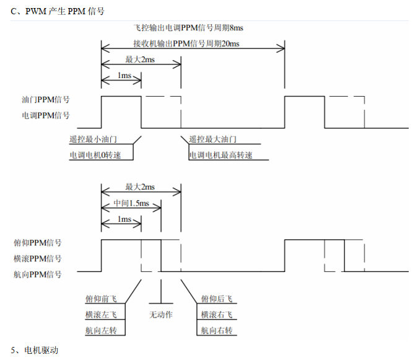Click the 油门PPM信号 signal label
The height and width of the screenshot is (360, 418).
pyautogui.click(x=45, y=100)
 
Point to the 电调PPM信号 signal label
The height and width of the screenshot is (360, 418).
pyautogui.click(x=45, y=115)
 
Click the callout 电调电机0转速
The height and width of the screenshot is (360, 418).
pyautogui.click(x=100, y=155)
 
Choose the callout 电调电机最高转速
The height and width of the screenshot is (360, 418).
pyautogui.click(x=225, y=155)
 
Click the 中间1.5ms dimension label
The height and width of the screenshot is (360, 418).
pyautogui.click(x=131, y=203)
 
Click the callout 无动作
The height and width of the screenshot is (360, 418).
pyautogui.click(x=161, y=315)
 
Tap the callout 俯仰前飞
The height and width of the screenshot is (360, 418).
pyautogui.click(x=101, y=299)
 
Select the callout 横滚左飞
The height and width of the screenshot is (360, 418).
pyautogui.click(x=101, y=315)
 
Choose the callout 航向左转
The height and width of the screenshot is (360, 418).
pyautogui.click(x=101, y=331)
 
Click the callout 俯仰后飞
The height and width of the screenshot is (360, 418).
pyautogui.click(x=217, y=299)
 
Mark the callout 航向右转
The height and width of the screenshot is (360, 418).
pyautogui.click(x=217, y=331)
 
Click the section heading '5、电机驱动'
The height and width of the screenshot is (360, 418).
pyautogui.click(x=35, y=351)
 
